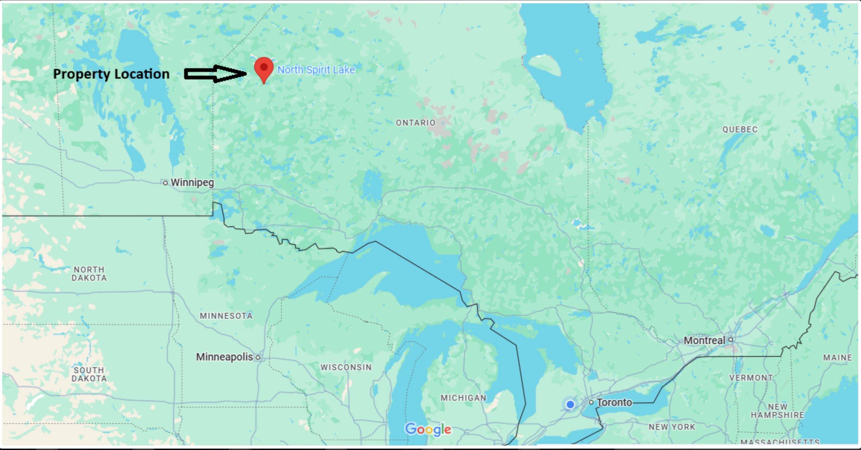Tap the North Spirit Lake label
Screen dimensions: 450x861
point(316,70)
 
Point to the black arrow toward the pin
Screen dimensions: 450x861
point(215,74)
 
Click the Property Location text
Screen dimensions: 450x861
point(111,74)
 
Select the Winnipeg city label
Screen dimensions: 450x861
point(192,183)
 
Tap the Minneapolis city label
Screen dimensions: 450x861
point(224,357)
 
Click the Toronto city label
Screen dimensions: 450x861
point(614,402)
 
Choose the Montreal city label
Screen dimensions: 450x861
point(704,340)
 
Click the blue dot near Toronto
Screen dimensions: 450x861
point(570,405)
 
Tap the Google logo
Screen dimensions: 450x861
point(428,429)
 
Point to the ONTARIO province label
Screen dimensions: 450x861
point(415,123)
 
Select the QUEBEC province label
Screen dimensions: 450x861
point(740,129)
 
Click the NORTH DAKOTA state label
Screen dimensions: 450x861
point(89,273)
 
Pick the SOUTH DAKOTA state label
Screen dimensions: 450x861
point(89,374)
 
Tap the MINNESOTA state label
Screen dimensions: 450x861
point(226,316)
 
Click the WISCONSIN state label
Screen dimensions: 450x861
point(346,367)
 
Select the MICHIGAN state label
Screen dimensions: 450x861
point(463,398)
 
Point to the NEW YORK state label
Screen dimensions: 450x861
point(672,427)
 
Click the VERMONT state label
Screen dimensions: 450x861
point(751,377)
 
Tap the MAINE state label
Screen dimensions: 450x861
point(838,357)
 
